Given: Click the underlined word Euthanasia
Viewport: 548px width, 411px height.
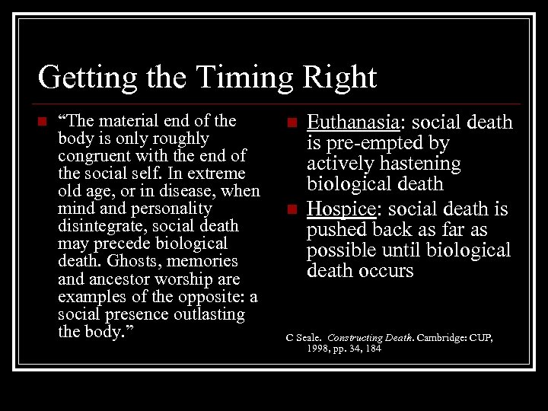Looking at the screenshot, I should point(352,123).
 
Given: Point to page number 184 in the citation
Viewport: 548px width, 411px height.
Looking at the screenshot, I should point(371,348).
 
